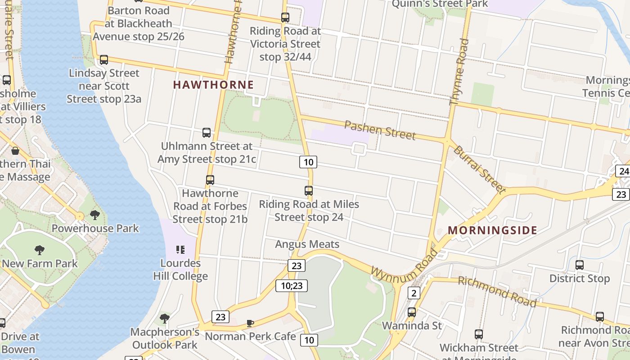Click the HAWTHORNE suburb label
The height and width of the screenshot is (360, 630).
(213, 85)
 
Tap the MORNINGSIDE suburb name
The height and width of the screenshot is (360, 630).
(492, 230)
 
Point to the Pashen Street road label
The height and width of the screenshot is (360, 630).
(380, 130)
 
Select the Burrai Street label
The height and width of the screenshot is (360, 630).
(480, 169)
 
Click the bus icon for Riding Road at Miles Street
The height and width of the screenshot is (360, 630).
(308, 191)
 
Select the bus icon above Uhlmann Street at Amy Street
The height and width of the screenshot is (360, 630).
(207, 133)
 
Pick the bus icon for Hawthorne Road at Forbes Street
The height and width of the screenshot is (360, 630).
(210, 180)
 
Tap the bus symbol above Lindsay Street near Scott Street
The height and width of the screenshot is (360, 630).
(104, 59)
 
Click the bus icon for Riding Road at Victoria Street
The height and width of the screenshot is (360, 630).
(285, 18)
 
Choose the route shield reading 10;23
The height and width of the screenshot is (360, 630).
(292, 285)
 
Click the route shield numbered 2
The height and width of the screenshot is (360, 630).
(414, 293)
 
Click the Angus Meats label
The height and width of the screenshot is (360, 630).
(307, 244)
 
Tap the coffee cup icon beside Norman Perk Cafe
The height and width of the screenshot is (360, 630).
(250, 323)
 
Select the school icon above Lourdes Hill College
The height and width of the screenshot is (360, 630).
(180, 249)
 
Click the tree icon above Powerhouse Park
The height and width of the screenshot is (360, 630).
(95, 215)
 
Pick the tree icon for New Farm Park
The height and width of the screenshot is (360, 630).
(40, 250)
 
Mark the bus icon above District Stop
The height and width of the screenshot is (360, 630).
(580, 265)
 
